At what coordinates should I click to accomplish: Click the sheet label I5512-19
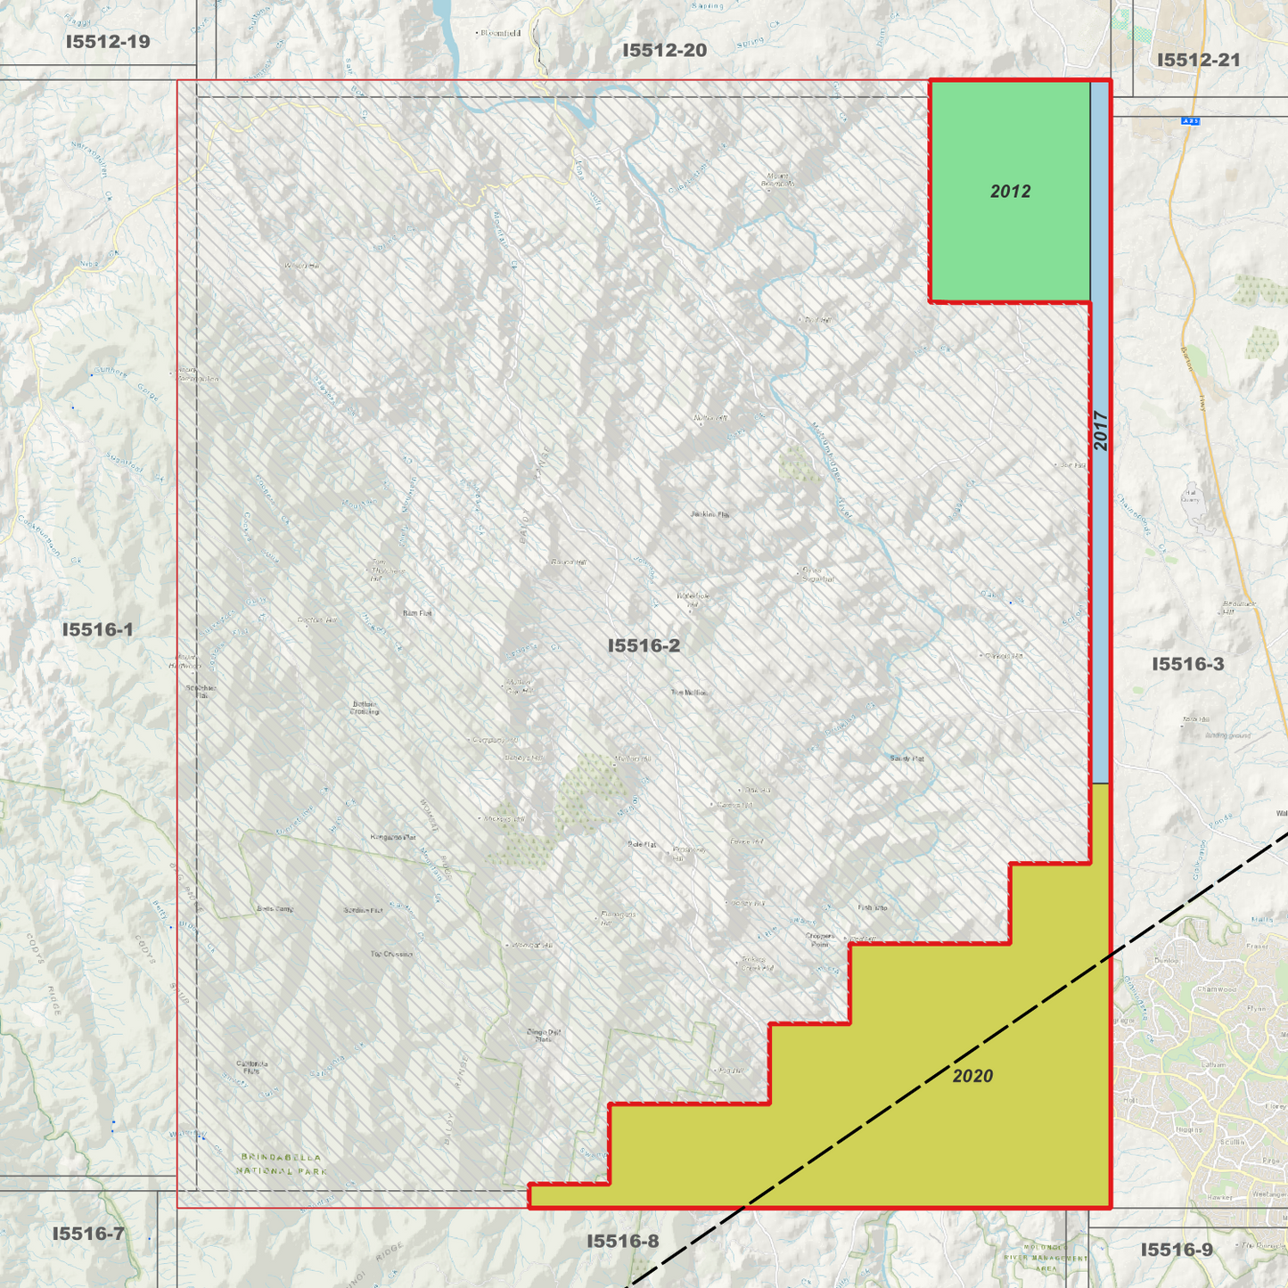tap(108, 42)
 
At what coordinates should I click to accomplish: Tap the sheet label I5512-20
tap(664, 51)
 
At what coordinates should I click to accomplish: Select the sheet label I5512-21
tap(1198, 61)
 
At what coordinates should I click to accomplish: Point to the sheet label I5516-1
tap(98, 630)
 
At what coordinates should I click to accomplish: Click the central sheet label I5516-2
tap(644, 646)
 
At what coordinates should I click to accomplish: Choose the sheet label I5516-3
tap(1187, 664)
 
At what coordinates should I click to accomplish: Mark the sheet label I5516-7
tap(88, 1235)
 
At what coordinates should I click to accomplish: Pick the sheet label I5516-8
tap(623, 1242)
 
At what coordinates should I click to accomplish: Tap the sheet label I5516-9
tap(1177, 1251)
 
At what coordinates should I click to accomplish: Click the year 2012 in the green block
tap(1010, 192)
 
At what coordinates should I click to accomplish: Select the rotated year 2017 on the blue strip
tap(1101, 431)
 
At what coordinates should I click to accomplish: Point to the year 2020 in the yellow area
tap(972, 1077)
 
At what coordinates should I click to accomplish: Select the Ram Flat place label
tap(417, 613)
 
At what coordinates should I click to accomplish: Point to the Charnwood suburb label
tap(1217, 989)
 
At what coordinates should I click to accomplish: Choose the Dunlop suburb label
tap(1166, 961)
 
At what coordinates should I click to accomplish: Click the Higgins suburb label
tap(1189, 1130)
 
